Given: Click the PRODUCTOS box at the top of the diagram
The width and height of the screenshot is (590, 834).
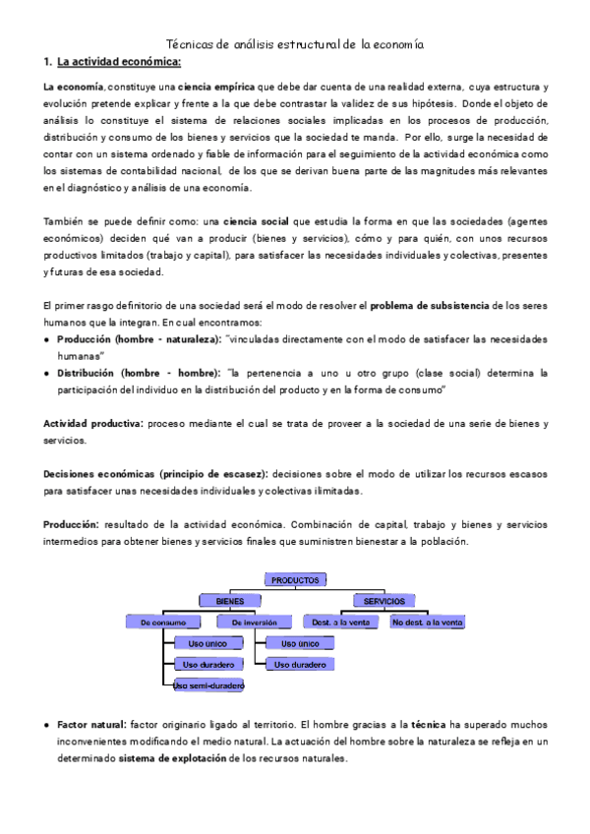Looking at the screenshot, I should (295, 580).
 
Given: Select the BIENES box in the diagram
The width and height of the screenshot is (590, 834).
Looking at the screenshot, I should (231, 600).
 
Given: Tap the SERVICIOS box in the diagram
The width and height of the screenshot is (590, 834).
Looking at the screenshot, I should (383, 600).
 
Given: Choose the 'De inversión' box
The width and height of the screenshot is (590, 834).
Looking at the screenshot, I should (255, 622).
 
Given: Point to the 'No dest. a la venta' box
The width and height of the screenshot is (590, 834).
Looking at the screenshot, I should (427, 622).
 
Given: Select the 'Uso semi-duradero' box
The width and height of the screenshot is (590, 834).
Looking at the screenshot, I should (208, 685).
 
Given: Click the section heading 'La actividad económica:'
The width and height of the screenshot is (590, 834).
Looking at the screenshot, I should (119, 63).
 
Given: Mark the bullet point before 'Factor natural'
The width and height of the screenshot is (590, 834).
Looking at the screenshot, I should (47, 724).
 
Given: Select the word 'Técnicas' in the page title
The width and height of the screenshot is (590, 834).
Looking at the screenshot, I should (191, 44).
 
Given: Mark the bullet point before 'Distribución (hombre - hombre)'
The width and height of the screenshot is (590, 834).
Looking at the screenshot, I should (47, 374).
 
